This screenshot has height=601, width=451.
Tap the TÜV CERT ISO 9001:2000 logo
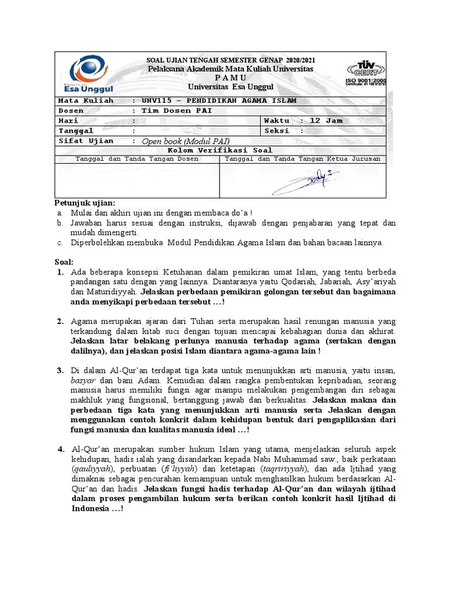click(x=366, y=73)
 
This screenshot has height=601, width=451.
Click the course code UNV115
click(x=158, y=100)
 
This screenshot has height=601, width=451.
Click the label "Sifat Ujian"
click(x=86, y=141)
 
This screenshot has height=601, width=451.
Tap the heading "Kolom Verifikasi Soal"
click(x=221, y=150)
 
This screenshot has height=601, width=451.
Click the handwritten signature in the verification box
click(x=305, y=181)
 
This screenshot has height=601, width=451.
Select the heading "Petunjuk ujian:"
click(x=85, y=203)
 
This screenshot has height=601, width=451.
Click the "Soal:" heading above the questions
click(x=64, y=262)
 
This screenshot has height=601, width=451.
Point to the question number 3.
click(x=60, y=370)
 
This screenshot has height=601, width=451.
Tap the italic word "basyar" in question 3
click(x=83, y=380)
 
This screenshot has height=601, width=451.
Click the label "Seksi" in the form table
click(x=277, y=131)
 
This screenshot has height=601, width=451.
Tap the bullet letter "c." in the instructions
click(x=60, y=242)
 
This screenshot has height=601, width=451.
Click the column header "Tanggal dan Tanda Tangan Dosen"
click(x=137, y=159)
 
